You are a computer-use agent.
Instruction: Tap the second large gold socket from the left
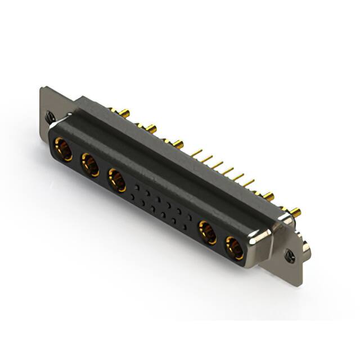pyautogui.click(x=89, y=165)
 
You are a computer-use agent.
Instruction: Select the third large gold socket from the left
pyautogui.click(x=116, y=181)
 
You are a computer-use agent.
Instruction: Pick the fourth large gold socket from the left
pyautogui.click(x=207, y=232)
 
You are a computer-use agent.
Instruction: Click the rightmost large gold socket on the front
pyautogui.click(x=235, y=247)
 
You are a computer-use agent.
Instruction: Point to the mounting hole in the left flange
pyautogui.click(x=50, y=117)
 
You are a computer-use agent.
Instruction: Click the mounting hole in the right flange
pyautogui.click(x=291, y=256)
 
